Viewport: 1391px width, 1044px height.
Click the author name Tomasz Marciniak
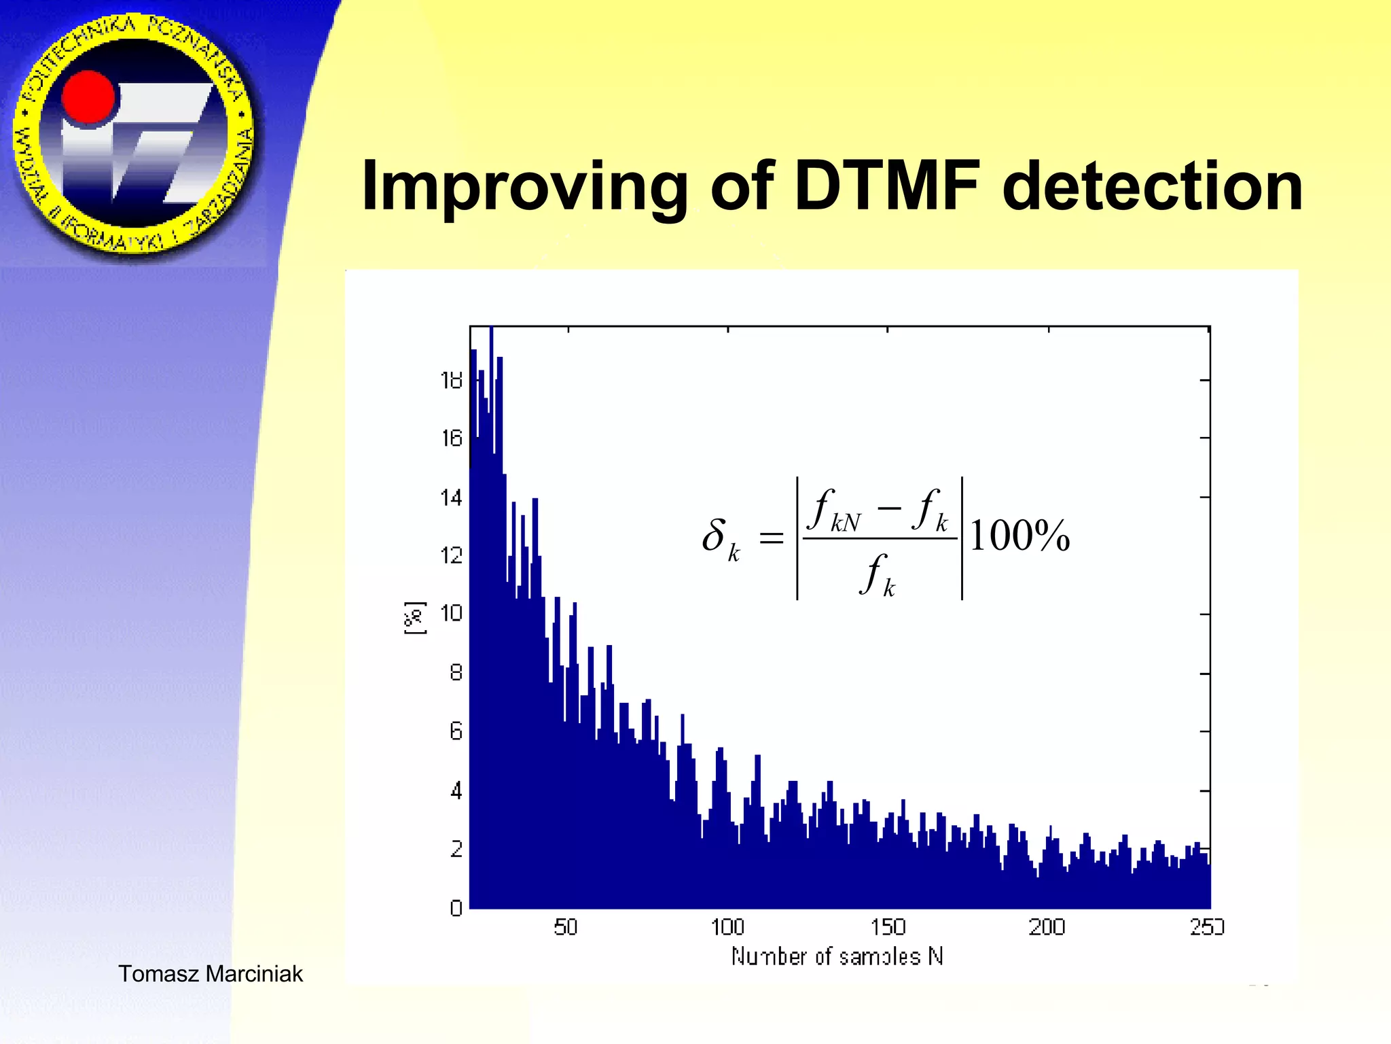pyautogui.click(x=211, y=973)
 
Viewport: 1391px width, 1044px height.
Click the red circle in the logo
pyautogui.click(x=89, y=99)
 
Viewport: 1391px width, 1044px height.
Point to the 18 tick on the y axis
pyautogui.click(x=452, y=380)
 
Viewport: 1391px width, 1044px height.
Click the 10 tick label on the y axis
pyautogui.click(x=452, y=613)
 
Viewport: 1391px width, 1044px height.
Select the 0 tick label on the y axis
pyautogui.click(x=456, y=907)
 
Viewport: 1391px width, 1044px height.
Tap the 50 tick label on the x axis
pyautogui.click(x=565, y=927)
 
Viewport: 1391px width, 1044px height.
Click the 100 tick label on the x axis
pyautogui.click(x=727, y=927)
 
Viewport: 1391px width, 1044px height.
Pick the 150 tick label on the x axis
pyautogui.click(x=888, y=927)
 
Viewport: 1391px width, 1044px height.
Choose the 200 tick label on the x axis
pyautogui.click(x=1047, y=927)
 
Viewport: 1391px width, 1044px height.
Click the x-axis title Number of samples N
pyautogui.click(x=837, y=956)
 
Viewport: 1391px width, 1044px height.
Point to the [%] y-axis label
pyautogui.click(x=415, y=618)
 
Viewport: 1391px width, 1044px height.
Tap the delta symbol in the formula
pyautogui.click(x=714, y=535)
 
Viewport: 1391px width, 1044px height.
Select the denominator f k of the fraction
pyautogui.click(x=877, y=574)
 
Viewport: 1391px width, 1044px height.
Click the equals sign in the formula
pyautogui.click(x=771, y=538)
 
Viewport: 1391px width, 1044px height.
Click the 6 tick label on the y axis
pyautogui.click(x=456, y=731)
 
